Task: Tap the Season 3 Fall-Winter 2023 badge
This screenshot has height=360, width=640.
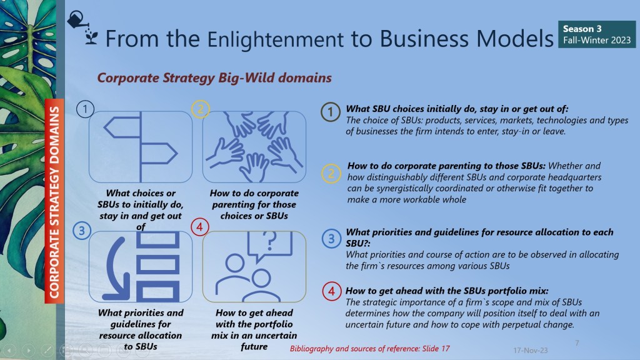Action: pyautogui.click(x=597, y=34)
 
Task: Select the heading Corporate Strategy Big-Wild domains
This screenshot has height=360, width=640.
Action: pyautogui.click(x=214, y=77)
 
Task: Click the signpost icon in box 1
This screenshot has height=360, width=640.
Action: pyautogui.click(x=141, y=147)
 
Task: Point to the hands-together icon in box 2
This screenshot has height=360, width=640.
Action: pyautogui.click(x=254, y=146)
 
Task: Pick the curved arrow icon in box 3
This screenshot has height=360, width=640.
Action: pyautogui.click(x=116, y=267)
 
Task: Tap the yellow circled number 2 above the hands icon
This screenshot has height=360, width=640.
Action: pyautogui.click(x=201, y=109)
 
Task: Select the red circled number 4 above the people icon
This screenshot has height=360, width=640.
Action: pyautogui.click(x=199, y=227)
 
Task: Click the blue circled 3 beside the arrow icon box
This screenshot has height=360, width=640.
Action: pyautogui.click(x=82, y=231)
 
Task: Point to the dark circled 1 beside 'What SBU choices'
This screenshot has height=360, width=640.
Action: pyautogui.click(x=331, y=112)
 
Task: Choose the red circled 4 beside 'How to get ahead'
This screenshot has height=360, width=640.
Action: pyautogui.click(x=331, y=291)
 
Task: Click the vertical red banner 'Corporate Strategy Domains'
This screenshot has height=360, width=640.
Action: pyautogui.click(x=54, y=201)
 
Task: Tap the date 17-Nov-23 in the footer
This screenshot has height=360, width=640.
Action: pyautogui.click(x=530, y=350)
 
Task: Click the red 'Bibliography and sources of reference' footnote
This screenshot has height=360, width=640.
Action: pyautogui.click(x=370, y=349)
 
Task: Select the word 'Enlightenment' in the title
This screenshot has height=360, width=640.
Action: pyautogui.click(x=276, y=39)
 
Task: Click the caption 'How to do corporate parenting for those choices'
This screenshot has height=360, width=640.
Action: pyautogui.click(x=254, y=204)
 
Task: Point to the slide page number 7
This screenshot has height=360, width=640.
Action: pyautogui.click(x=577, y=343)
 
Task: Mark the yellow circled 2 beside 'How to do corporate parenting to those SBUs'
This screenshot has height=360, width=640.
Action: pyautogui.click(x=331, y=174)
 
